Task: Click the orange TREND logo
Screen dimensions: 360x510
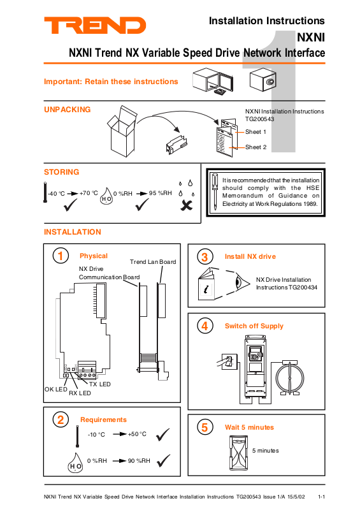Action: (x=95, y=25)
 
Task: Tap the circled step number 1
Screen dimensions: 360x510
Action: (x=61, y=256)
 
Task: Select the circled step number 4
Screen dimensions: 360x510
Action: (x=205, y=326)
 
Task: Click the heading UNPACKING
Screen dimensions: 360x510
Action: (x=68, y=110)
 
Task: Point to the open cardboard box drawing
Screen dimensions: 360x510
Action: (x=122, y=131)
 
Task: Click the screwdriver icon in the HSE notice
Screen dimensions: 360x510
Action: (x=215, y=192)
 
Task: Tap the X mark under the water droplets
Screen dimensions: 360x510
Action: (x=186, y=205)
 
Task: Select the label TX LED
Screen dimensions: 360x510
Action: (x=100, y=384)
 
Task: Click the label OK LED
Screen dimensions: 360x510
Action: (x=56, y=390)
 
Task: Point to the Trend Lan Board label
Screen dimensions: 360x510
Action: (x=153, y=262)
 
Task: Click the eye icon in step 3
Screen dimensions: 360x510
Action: (x=242, y=282)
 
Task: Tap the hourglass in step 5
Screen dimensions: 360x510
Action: (x=239, y=453)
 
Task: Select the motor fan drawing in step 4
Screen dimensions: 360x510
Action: (x=290, y=377)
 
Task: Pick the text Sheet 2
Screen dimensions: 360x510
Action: (x=256, y=147)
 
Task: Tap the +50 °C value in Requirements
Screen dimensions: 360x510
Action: (x=137, y=434)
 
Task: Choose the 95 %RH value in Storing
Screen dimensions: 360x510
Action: (x=161, y=193)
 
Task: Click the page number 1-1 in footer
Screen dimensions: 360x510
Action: (x=321, y=497)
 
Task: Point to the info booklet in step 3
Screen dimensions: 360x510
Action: (x=206, y=284)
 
